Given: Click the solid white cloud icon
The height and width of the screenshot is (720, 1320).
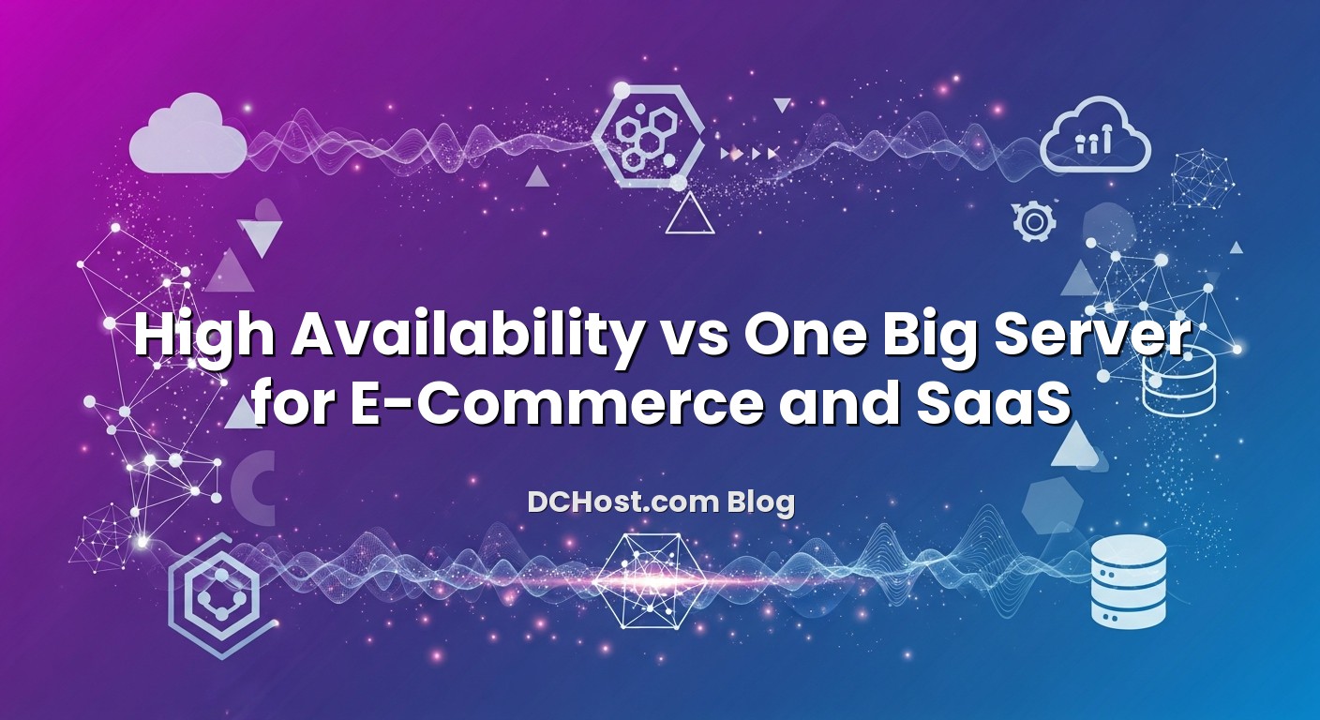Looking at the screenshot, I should pyautogui.click(x=187, y=137).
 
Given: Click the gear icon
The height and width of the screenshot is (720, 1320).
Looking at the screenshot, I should pyautogui.click(x=1034, y=221).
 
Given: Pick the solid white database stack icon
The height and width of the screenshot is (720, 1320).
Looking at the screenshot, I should pyautogui.click(x=1129, y=580).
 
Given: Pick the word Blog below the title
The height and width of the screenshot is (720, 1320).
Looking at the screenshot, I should pyautogui.click(x=760, y=502).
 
